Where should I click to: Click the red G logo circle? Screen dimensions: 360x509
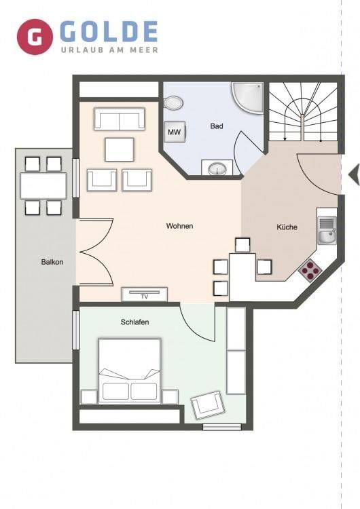click(35, 37)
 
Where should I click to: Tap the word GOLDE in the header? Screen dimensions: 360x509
click(109, 32)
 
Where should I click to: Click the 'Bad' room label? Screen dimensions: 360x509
click(217, 126)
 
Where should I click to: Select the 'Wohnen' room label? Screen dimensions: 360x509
click(179, 226)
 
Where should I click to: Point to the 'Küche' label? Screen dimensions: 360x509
click(287, 227)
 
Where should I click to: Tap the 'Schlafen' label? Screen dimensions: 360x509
click(135, 322)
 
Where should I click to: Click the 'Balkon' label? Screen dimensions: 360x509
click(52, 262)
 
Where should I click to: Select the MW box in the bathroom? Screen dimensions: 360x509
click(175, 132)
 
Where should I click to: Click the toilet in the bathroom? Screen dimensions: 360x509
click(173, 103)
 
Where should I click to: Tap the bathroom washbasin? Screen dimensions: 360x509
click(217, 168)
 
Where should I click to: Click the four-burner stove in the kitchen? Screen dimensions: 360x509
click(310, 270)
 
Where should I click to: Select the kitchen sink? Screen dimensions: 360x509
click(327, 231)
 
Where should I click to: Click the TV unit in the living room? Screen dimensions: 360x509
click(145, 294)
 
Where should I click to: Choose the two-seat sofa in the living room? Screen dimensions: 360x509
click(120, 119)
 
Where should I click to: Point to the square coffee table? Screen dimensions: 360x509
click(120, 149)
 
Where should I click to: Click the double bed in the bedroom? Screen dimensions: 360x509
click(129, 371)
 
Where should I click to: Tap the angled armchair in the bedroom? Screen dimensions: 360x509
click(207, 405)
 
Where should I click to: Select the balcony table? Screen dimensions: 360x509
click(43, 186)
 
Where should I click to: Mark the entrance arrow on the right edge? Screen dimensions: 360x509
click(354, 174)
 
